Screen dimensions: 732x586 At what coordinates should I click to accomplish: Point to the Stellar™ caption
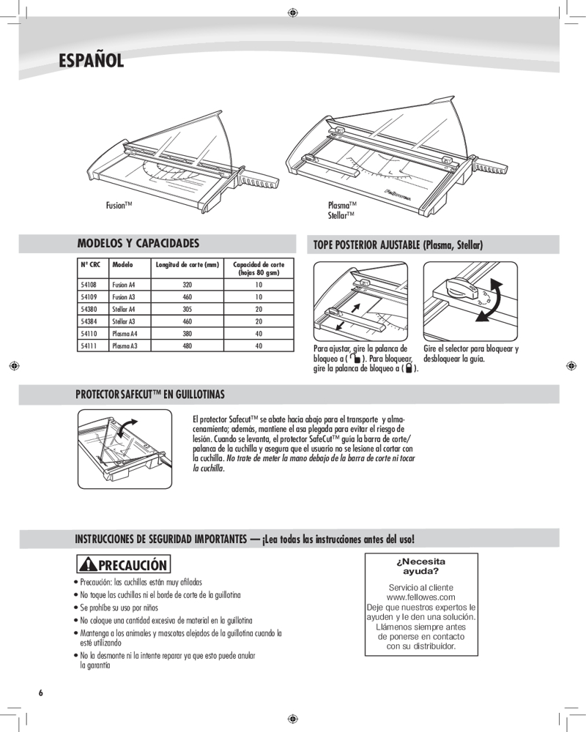(x=341, y=215)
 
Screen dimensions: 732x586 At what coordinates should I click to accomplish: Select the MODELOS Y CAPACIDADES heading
(x=138, y=242)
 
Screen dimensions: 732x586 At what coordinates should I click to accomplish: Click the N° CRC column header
(x=90, y=264)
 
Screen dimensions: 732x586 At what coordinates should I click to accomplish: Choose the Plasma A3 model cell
(x=125, y=346)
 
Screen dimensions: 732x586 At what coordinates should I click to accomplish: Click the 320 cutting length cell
(x=187, y=284)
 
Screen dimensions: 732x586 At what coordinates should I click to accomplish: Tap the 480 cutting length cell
(x=187, y=346)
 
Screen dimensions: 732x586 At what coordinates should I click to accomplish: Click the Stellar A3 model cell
(x=124, y=321)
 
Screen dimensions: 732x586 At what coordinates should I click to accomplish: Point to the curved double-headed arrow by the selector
(x=487, y=303)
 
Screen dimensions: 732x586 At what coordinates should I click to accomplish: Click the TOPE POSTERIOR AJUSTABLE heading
(x=398, y=244)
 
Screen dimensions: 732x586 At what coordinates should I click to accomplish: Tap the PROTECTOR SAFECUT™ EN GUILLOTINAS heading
(x=150, y=395)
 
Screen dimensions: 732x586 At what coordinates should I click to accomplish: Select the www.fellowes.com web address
(x=420, y=597)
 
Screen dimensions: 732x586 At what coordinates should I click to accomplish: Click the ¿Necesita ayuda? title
(x=420, y=566)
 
